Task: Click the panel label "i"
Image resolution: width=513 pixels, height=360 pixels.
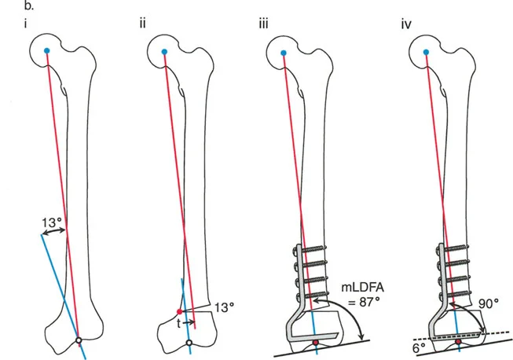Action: [x=27, y=22]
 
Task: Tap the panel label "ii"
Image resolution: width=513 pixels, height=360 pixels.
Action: [x=142, y=22]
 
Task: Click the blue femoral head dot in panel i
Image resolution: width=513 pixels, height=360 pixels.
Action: [x=47, y=51]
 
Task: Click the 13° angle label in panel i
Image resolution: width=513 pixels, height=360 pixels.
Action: [x=51, y=222]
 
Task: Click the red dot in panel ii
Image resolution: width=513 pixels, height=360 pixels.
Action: [x=180, y=312]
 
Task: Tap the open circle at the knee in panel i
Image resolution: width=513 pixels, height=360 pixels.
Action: [x=79, y=340]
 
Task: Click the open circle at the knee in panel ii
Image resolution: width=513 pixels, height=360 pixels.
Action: [x=189, y=343]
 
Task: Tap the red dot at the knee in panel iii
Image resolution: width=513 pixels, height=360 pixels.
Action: [x=316, y=342]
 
